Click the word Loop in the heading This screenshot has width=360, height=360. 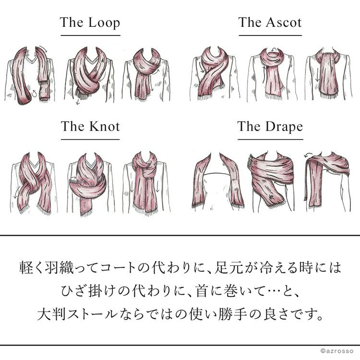pyautogui.click(x=104, y=23)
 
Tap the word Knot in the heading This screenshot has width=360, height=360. pyautogui.click(x=105, y=127)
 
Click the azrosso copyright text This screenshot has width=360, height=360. pyautogui.click(x=337, y=351)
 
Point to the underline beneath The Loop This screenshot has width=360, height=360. pyautogui.click(x=90, y=36)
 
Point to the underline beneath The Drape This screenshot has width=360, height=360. pyautogui.click(x=270, y=139)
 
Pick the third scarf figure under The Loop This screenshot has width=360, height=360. pyautogui.click(x=146, y=74)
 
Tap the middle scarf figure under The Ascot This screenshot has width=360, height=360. pyautogui.click(x=272, y=74)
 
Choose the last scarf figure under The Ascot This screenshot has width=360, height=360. pyautogui.click(x=328, y=74)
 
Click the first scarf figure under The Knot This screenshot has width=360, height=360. pyautogui.click(x=34, y=183)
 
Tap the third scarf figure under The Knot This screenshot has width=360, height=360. pyautogui.click(x=146, y=183)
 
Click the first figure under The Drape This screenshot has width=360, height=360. pyautogui.click(x=217, y=181)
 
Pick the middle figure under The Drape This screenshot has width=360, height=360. pyautogui.click(x=271, y=181)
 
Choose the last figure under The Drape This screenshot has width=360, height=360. pyautogui.click(x=328, y=181)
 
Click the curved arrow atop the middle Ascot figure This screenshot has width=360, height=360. pyautogui.click(x=274, y=49)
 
